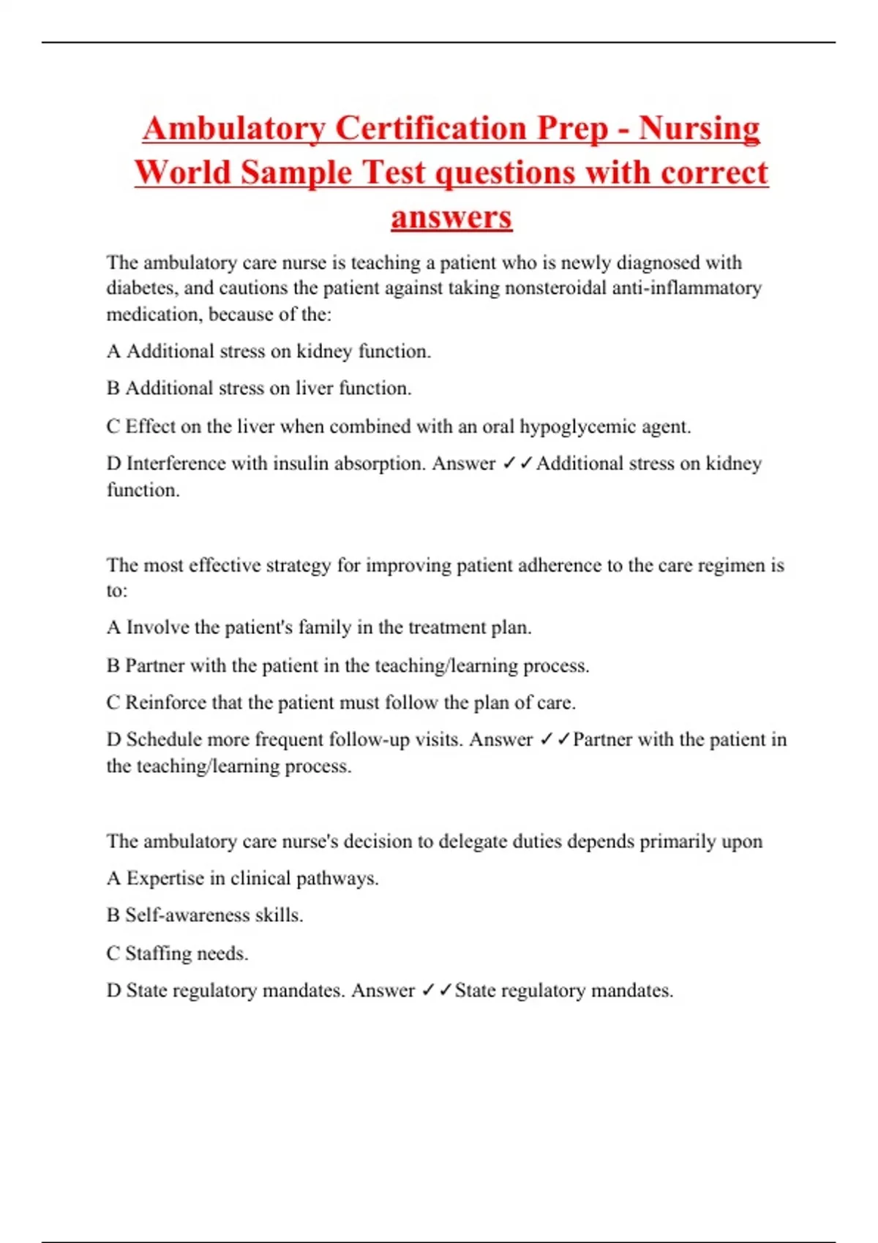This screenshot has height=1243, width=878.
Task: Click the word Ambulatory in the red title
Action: point(233,129)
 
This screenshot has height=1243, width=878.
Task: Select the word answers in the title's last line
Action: point(451,217)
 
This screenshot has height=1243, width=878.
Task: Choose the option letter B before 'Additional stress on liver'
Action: point(113,388)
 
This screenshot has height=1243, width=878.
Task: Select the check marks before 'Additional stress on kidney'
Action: point(517,464)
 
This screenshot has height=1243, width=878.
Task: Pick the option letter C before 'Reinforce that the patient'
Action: point(113,703)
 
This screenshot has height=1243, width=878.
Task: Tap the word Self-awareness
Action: point(187,915)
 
